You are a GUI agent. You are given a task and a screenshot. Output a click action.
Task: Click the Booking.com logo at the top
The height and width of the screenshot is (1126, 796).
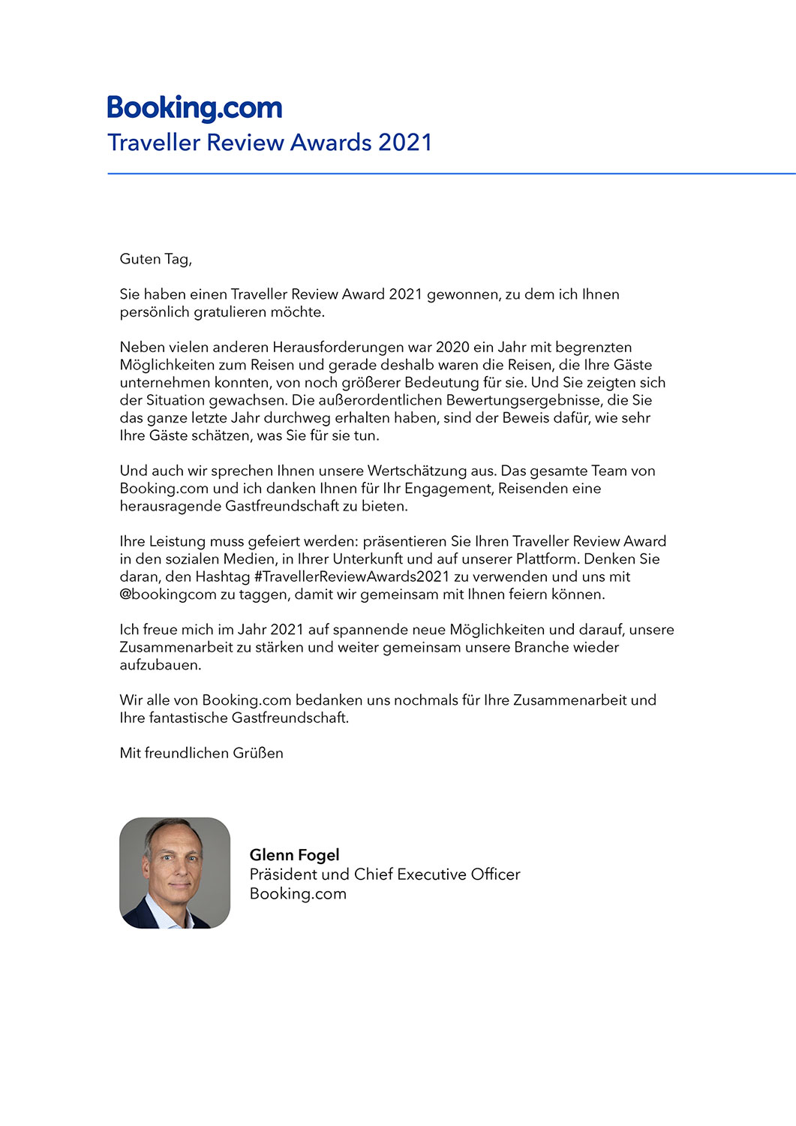point(194,108)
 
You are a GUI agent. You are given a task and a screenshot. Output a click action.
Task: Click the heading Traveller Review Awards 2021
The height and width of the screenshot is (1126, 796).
point(270,143)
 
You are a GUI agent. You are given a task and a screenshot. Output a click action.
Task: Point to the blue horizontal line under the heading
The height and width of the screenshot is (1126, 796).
point(450,173)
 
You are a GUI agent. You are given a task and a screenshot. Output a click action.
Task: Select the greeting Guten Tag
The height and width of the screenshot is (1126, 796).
point(155,259)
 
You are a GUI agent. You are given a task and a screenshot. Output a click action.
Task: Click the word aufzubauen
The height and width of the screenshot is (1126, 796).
point(160,665)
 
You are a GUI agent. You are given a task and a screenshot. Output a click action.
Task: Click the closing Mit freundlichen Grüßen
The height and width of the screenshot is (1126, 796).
point(201,753)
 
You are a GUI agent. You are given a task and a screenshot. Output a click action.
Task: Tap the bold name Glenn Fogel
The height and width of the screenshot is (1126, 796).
point(294,855)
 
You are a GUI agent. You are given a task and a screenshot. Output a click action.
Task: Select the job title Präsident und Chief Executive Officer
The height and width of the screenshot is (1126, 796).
point(384,875)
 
